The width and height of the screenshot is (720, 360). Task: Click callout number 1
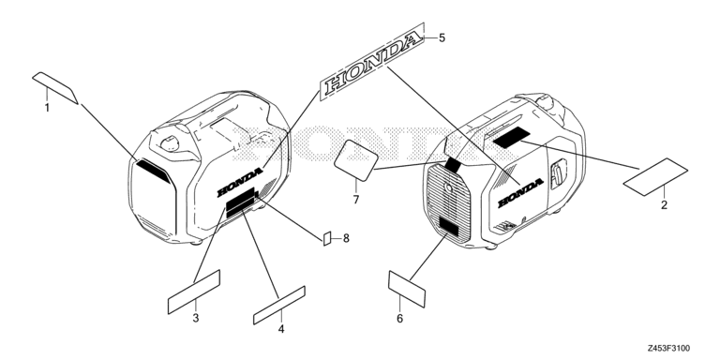(47, 108)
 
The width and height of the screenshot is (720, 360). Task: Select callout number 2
(664, 204)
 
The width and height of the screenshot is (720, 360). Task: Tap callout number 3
(196, 318)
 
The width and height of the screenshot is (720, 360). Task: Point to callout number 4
(281, 329)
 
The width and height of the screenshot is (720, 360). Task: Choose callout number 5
(442, 37)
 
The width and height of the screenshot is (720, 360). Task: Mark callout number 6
(399, 318)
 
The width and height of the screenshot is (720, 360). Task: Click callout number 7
(356, 200)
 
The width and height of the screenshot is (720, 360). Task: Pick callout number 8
(346, 238)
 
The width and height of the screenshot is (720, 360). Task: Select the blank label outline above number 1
(55, 87)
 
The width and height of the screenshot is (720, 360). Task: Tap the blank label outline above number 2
(655, 177)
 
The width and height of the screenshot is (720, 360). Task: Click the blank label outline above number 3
(194, 292)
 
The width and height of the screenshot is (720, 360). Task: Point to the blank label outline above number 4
(279, 305)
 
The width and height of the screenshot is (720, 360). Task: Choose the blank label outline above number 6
(407, 289)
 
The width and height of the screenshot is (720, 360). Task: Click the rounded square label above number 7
(356, 160)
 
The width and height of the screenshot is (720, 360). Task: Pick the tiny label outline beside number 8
(327, 239)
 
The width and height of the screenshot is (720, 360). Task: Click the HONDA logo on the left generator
(240, 182)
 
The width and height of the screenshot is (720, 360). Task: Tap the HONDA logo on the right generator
(520, 193)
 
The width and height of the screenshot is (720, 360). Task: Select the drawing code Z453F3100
(668, 349)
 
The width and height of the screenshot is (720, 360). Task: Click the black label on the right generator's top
(512, 138)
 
